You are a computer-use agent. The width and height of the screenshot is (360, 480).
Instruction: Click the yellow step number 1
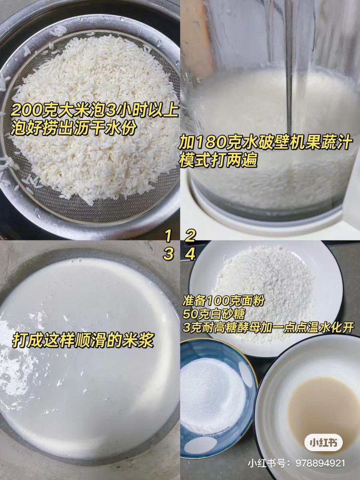pos(168,236)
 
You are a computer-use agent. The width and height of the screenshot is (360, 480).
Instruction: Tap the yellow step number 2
pos(190,236)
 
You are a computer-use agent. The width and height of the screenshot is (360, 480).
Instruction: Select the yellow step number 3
pos(168,254)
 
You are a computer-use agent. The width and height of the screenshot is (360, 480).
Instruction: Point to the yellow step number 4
pos(190,254)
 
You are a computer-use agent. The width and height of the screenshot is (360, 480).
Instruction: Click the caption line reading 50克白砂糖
pos(214,314)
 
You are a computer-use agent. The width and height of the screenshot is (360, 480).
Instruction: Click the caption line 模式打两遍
pos(218,161)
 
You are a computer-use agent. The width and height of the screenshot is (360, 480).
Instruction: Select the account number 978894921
pos(320,463)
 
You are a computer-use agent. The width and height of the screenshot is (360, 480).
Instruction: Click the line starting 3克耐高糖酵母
pos(268,328)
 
